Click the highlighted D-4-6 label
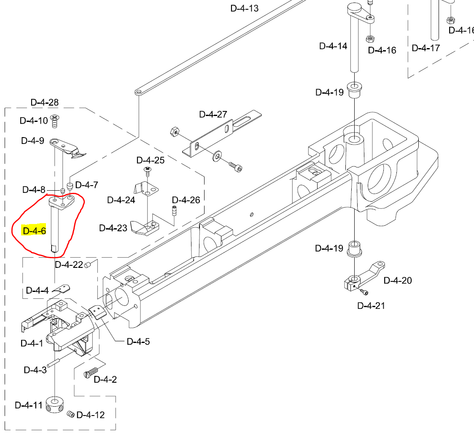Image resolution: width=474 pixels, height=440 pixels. [34, 231]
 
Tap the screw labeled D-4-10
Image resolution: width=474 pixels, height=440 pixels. [54, 121]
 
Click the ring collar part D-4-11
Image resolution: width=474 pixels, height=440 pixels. [55, 405]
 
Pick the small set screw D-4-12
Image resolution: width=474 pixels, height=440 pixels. [70, 414]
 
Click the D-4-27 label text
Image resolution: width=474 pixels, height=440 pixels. [213, 114]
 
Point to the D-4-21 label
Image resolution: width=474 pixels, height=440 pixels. [371, 305]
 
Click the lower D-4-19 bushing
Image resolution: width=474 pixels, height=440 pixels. [355, 249]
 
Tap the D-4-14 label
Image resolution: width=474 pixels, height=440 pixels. [333, 46]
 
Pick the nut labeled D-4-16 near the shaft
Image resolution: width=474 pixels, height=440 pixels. [370, 39]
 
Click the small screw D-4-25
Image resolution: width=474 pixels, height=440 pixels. [148, 171]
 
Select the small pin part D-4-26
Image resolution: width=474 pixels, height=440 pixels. [173, 210]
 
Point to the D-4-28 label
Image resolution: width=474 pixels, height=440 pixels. [44, 102]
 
